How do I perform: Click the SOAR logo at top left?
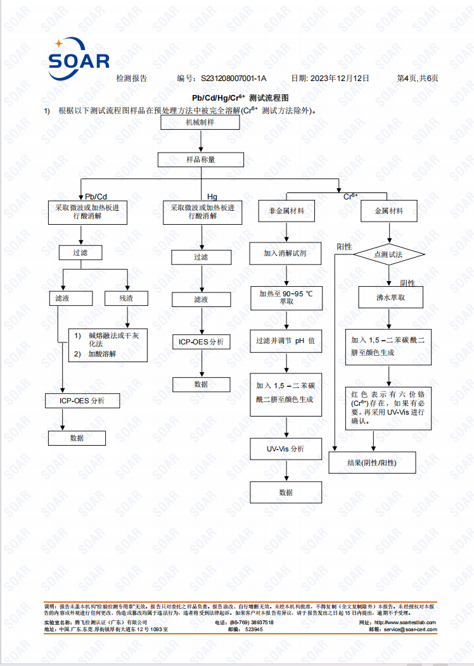pos(79,59)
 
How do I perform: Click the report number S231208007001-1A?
pos(233,78)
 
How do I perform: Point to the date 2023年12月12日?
pos(340,78)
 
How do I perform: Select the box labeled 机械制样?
pos(200,123)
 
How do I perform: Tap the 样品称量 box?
pos(201,160)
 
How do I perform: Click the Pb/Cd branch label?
pos(96,197)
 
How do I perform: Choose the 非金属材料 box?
pos(286,211)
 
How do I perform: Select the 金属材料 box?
pos(389,211)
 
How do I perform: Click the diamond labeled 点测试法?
pos(389,255)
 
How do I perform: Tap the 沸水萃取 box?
pos(391,298)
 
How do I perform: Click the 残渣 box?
pos(126,298)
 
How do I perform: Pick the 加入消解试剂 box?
pos(285,253)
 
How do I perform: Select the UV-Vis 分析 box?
pos(286,449)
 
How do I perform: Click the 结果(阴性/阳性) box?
pos(372,463)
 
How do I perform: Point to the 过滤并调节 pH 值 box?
pos(286,341)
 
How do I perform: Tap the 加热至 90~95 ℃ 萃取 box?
pos(286,298)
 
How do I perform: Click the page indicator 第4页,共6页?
pos(418,78)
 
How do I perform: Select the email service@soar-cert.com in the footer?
pos(410,629)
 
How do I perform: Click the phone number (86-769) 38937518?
pos(253,623)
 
